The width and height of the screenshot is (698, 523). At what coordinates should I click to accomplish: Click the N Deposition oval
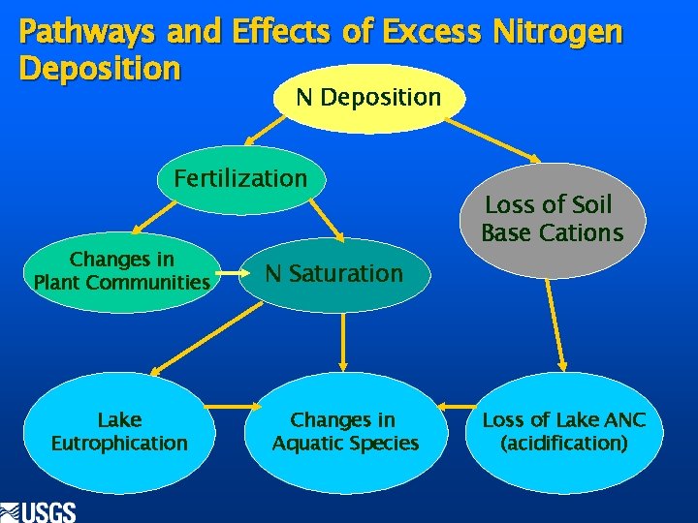tap(368, 98)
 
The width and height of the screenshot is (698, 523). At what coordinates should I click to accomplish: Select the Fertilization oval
tap(240, 178)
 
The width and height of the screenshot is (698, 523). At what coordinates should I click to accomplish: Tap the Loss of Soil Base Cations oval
tap(552, 219)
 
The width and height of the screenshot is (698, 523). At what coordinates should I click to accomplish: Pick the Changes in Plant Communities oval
tap(121, 271)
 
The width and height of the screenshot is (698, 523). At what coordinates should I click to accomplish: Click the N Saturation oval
tap(333, 274)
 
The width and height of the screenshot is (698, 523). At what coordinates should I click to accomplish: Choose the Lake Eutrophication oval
tap(119, 432)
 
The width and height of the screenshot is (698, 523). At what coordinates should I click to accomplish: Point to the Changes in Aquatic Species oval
tap(344, 432)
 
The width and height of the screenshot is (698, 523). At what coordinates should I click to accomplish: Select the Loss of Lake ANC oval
tap(564, 432)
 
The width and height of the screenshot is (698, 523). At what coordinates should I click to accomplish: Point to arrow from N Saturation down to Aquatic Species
tap(344, 340)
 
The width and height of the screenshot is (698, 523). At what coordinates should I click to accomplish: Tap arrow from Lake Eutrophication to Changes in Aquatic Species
tap(232, 407)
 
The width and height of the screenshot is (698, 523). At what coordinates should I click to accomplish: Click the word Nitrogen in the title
tap(556, 33)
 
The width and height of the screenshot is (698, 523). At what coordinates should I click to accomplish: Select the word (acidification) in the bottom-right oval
tap(564, 444)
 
